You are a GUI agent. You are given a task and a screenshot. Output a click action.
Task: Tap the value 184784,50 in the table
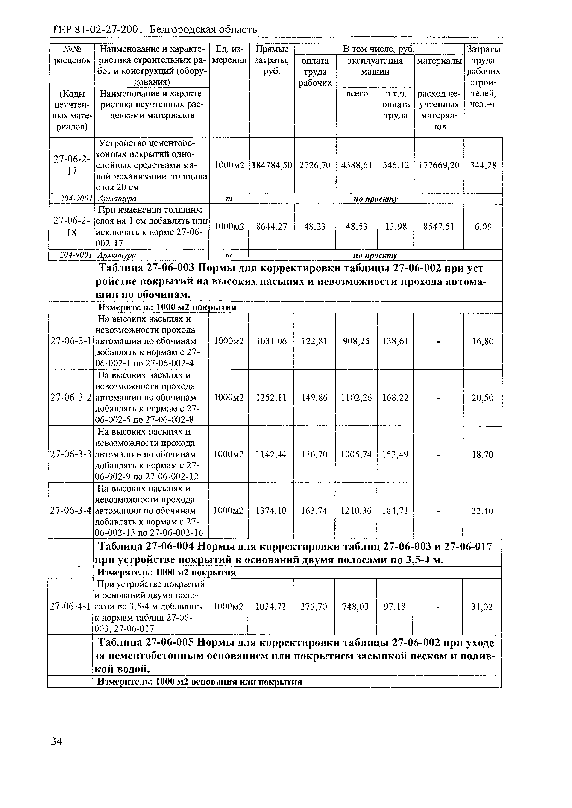(x=272, y=165)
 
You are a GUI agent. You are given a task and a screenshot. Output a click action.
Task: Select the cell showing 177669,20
(x=439, y=165)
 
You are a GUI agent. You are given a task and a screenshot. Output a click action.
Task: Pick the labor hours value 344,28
(x=483, y=165)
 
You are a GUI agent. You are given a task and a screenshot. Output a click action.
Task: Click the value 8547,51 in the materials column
(x=439, y=227)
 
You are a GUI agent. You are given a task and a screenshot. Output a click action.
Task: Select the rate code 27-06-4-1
(x=71, y=606)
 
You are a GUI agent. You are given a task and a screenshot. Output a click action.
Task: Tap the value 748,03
(x=355, y=606)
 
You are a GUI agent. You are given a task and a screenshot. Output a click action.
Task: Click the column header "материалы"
(x=439, y=61)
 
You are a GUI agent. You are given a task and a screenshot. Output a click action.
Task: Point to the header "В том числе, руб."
(x=379, y=49)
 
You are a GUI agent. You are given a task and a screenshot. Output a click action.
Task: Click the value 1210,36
(x=356, y=510)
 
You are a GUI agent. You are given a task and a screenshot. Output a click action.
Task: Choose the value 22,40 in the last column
(x=482, y=510)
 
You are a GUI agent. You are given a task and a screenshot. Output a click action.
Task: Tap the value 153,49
(x=395, y=454)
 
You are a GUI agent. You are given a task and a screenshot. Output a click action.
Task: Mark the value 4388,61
(x=357, y=165)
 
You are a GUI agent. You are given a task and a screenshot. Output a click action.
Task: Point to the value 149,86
(x=314, y=398)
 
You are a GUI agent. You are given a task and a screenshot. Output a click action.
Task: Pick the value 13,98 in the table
(x=396, y=227)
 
